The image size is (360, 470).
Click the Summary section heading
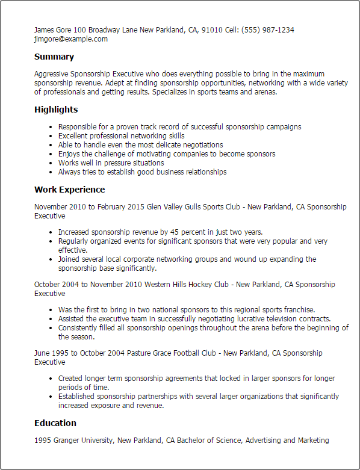tap(54, 57)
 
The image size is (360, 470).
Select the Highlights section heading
tap(56, 110)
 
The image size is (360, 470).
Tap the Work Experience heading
tap(69, 190)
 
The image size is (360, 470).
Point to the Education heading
tap(55, 423)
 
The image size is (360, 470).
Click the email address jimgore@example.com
tap(71, 39)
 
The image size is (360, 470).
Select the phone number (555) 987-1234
tap(268, 30)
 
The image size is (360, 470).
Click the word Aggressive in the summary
tap(52, 74)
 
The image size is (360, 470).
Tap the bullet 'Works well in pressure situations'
tap(111, 163)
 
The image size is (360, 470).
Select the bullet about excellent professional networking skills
tap(121, 136)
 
